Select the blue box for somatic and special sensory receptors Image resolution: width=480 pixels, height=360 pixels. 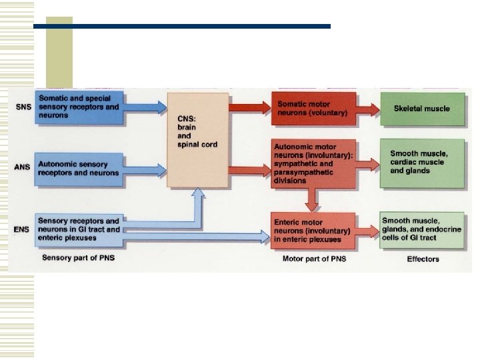tap(80, 107)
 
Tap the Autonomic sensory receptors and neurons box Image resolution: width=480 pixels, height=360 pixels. tap(80, 169)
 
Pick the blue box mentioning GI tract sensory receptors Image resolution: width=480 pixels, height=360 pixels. tap(80, 230)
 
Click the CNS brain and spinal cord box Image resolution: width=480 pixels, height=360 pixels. tap(197, 140)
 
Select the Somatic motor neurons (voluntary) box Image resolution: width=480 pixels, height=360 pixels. tap(313, 109)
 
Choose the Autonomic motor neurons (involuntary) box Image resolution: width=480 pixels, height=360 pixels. tap(313, 164)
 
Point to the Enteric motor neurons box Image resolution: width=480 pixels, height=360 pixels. tap(313, 231)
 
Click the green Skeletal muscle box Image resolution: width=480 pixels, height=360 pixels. tap(421, 109)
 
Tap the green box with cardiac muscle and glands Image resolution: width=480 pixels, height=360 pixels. tap(421, 163)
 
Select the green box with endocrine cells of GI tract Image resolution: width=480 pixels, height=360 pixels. tap(421, 230)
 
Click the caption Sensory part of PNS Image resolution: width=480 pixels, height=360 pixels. tap(78, 257)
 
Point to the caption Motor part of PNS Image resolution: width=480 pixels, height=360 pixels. tap(311, 259)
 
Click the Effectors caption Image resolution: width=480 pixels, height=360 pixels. tap(423, 259)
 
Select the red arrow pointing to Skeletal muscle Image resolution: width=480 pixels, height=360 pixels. tap(367, 109)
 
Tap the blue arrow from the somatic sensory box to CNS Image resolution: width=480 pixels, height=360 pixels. tap(145, 107)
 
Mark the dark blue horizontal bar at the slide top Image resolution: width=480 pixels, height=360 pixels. tap(181, 27)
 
